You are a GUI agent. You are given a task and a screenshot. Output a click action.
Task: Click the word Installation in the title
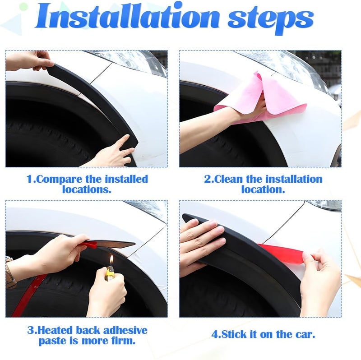(x=127, y=17)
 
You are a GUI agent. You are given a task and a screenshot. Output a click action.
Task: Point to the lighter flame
(x=111, y=261)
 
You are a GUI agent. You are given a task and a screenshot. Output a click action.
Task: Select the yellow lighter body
(x=110, y=273)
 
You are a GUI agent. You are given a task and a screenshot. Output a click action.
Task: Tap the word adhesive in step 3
(x=125, y=330)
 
